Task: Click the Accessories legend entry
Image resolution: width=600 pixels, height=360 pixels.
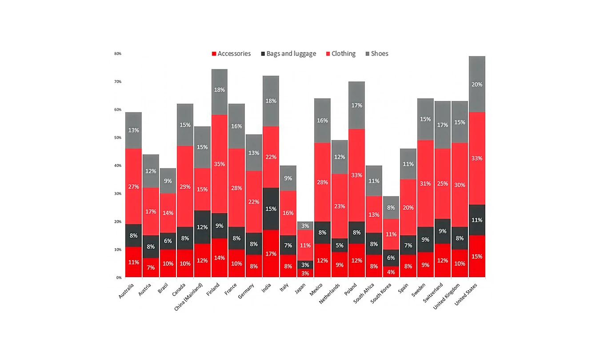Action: click(231, 54)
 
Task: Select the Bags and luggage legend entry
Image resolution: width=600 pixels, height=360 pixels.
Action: click(288, 54)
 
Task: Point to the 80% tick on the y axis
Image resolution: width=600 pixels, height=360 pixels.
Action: click(118, 54)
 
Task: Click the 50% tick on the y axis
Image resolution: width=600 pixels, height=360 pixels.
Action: click(118, 138)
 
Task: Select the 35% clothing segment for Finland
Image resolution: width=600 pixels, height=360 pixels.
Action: click(219, 164)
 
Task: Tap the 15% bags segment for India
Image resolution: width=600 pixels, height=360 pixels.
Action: click(271, 208)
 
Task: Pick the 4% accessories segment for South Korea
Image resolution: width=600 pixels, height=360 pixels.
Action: click(391, 272)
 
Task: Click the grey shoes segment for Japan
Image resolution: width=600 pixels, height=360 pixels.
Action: click(305, 226)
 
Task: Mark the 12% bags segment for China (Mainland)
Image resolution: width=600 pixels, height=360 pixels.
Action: click(202, 227)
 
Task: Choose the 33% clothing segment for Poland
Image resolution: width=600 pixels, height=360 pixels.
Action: click(357, 175)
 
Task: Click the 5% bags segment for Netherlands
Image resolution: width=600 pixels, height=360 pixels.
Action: click(340, 245)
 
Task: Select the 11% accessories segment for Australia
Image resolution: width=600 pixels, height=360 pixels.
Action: click(133, 262)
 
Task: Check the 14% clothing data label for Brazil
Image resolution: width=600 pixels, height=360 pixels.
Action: click(168, 213)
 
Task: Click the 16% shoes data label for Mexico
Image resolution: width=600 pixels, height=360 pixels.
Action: click(322, 120)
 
